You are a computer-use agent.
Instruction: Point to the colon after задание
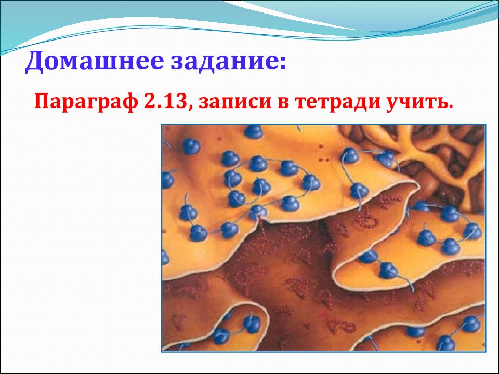point(281,62)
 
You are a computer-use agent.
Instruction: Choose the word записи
point(236,102)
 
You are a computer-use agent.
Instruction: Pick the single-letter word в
point(283,102)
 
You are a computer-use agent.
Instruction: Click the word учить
point(414,102)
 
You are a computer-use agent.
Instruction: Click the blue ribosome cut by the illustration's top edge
point(254,131)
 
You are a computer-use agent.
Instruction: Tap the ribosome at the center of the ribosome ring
point(261,186)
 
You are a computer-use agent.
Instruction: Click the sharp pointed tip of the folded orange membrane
point(417,184)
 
